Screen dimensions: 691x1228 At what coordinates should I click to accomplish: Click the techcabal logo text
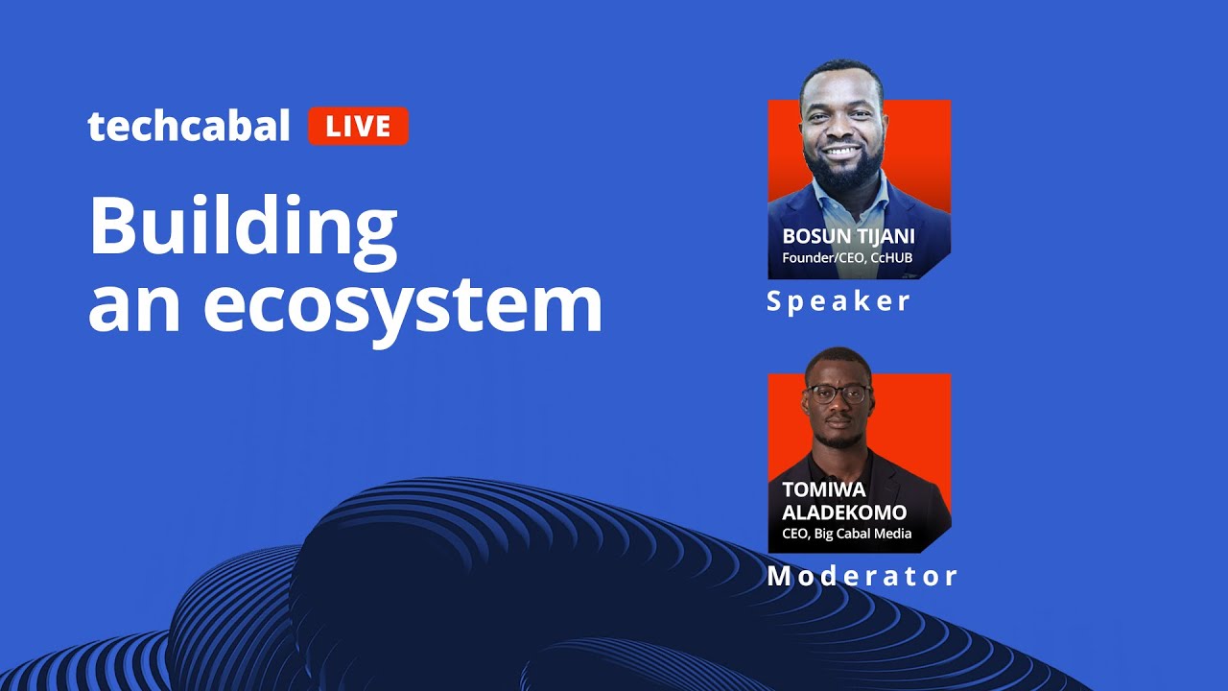click(x=188, y=127)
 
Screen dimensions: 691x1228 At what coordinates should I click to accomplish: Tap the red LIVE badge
click(x=358, y=127)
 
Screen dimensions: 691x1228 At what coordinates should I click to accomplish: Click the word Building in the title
click(x=243, y=227)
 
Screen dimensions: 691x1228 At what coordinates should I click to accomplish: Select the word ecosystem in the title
click(x=402, y=304)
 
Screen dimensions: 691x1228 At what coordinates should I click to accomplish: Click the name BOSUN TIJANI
click(x=847, y=236)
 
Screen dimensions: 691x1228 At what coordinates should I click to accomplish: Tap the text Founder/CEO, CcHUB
click(x=847, y=258)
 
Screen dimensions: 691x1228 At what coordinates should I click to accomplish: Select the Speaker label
click(x=838, y=301)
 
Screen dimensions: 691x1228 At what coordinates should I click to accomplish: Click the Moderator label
click(x=862, y=576)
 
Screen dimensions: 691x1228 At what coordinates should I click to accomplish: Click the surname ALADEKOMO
click(x=844, y=512)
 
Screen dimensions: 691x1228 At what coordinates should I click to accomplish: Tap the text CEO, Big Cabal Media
click(x=846, y=534)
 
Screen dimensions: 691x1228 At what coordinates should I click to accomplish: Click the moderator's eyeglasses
click(x=838, y=393)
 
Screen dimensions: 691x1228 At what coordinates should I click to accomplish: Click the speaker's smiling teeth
click(x=842, y=151)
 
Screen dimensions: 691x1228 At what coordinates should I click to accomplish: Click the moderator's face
click(x=838, y=403)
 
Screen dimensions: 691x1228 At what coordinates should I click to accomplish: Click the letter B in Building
click(x=110, y=227)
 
